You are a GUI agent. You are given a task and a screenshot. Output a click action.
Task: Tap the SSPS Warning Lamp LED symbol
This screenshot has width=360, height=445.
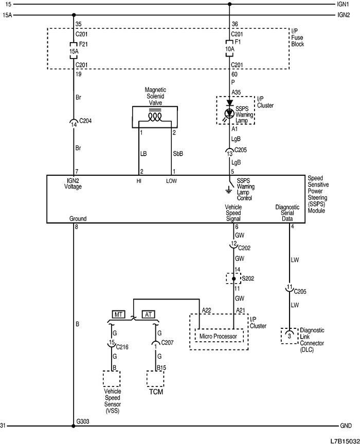pyautogui.click(x=230, y=111)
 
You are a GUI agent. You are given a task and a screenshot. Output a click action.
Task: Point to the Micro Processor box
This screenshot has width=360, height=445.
pyautogui.click(x=219, y=337)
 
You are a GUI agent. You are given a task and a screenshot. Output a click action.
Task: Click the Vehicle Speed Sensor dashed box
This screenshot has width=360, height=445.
pyautogui.click(x=112, y=379)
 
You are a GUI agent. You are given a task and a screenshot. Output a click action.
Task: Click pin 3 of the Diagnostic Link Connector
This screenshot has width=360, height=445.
pyautogui.click(x=290, y=336)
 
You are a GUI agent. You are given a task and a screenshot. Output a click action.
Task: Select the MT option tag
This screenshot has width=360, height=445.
pyautogui.click(x=119, y=314)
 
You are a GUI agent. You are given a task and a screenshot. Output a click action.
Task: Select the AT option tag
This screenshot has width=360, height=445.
pyautogui.click(x=148, y=314)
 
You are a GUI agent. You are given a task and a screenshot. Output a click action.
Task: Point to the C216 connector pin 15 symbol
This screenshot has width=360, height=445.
pyautogui.click(x=112, y=343)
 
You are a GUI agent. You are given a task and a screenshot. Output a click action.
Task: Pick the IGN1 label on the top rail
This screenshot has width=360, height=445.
pyautogui.click(x=344, y=4)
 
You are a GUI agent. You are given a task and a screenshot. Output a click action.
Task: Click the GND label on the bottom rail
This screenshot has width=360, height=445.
pyautogui.click(x=346, y=426)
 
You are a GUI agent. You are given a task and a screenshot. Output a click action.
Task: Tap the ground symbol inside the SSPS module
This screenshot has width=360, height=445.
pyautogui.click(x=230, y=190)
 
